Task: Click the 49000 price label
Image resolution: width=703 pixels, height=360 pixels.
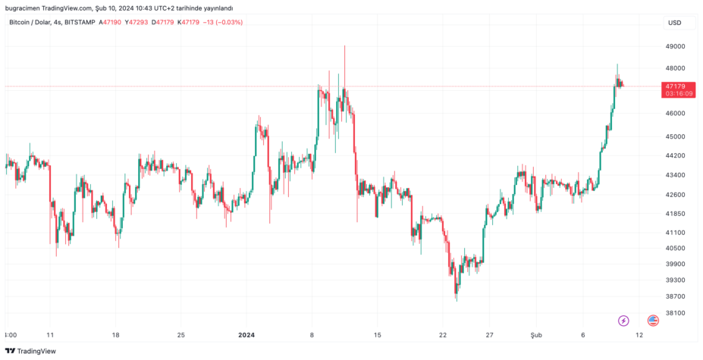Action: (x=675, y=46)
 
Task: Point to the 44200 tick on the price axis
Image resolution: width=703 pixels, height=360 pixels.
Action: (x=675, y=155)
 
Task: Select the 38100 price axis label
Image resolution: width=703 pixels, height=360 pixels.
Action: (x=675, y=312)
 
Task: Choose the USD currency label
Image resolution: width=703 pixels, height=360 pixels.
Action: (x=674, y=23)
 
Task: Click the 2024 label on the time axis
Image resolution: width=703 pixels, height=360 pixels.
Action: (x=246, y=334)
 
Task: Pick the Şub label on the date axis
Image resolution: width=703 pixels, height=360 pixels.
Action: (x=536, y=334)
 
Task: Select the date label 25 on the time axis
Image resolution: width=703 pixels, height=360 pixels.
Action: (x=180, y=334)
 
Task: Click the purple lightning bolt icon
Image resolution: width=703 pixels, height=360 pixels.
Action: (x=623, y=321)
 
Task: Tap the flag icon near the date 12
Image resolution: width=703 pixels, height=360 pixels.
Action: (x=653, y=321)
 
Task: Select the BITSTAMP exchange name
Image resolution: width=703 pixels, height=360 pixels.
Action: (x=80, y=23)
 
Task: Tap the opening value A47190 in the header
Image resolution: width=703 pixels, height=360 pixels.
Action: (x=110, y=23)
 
